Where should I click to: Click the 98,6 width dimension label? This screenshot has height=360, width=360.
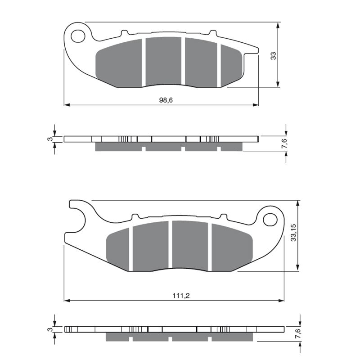pyautogui.click(x=166, y=100)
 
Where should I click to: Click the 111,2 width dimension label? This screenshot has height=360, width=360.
pyautogui.click(x=181, y=296)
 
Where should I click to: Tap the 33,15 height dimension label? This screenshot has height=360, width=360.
pyautogui.click(x=293, y=233)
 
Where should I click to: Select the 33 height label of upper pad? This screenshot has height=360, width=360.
pyautogui.click(x=273, y=56)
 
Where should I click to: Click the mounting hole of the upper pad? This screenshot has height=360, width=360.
pyautogui.click(x=78, y=36)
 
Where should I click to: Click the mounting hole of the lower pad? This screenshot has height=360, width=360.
pyautogui.click(x=270, y=220)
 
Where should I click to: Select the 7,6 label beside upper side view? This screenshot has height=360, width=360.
pyautogui.click(x=284, y=144)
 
